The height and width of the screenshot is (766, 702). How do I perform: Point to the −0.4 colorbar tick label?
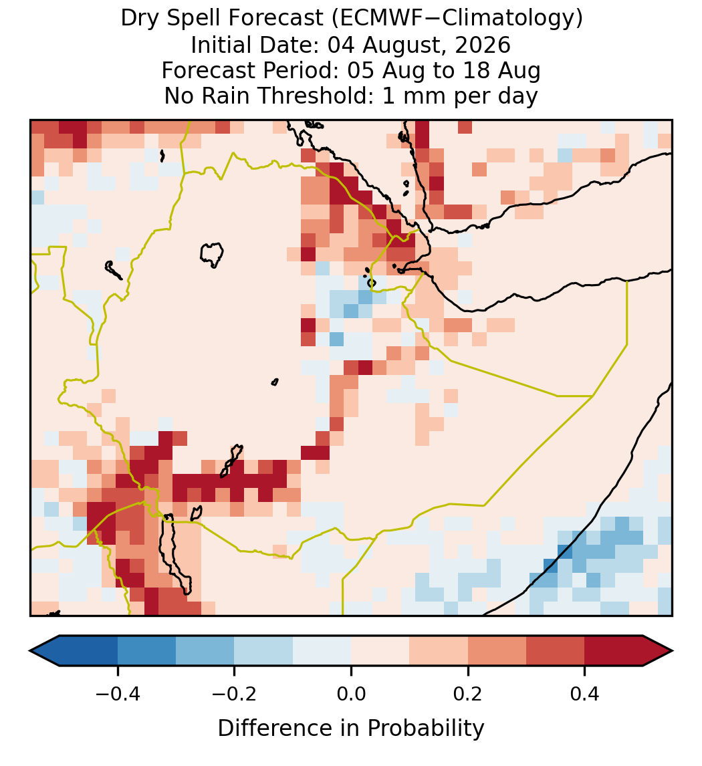point(118,694)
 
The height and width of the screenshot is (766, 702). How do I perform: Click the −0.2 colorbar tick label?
point(235,694)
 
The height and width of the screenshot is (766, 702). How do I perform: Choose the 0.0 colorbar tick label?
point(351,694)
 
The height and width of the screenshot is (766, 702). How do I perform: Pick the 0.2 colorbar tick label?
point(468,694)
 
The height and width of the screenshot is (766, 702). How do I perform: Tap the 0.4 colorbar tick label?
point(585,694)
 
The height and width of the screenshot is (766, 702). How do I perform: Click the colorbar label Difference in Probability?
point(351,729)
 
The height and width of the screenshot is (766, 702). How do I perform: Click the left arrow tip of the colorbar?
point(30,651)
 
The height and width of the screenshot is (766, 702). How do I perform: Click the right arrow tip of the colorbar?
point(673,651)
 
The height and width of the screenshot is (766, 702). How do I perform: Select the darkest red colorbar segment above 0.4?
point(614,651)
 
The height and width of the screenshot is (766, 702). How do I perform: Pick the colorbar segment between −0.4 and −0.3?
point(147,651)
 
